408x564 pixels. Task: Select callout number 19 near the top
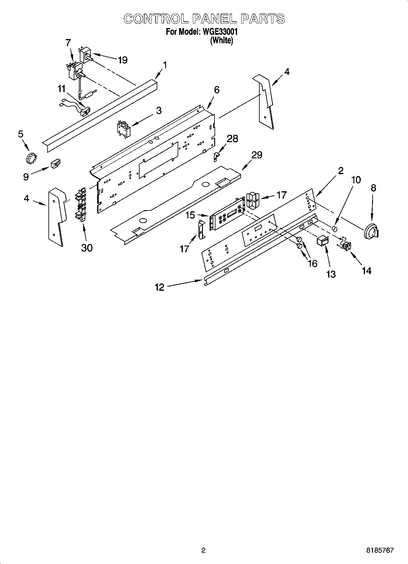click(122, 60)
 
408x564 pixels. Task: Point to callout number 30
click(87, 248)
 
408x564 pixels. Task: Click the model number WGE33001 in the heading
click(218, 32)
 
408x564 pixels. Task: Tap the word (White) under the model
click(222, 40)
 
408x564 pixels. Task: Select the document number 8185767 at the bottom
click(380, 551)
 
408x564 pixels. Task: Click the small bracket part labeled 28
click(216, 157)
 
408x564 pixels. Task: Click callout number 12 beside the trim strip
click(159, 287)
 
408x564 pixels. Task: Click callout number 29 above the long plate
click(257, 155)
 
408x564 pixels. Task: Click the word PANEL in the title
click(215, 19)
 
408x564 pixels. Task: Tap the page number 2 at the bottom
click(204, 551)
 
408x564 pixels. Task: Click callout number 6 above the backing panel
click(217, 90)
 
